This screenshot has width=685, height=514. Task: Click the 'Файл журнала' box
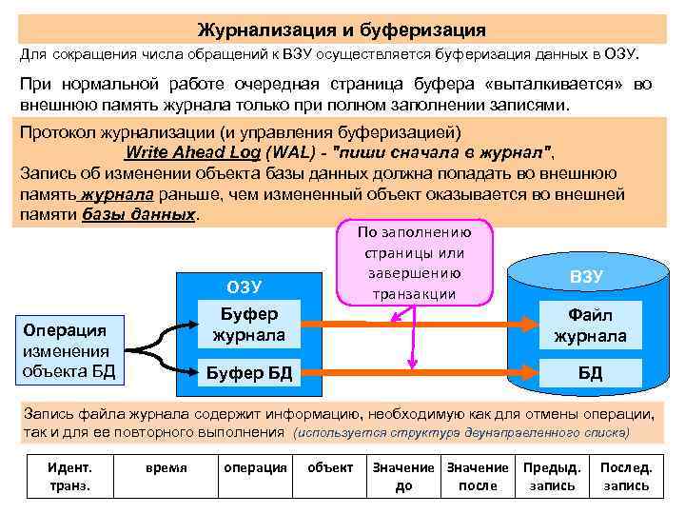point(590,326)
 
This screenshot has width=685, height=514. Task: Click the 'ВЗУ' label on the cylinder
point(586,276)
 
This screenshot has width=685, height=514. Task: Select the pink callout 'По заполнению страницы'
point(414,263)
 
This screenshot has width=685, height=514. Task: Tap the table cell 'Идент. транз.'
point(69,476)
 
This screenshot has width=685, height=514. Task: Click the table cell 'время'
point(166,468)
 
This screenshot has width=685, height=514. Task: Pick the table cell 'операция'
point(254,468)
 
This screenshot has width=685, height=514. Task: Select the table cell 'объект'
point(330,468)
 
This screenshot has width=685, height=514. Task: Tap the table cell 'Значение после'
point(478,476)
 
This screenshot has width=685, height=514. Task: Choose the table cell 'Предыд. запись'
point(552,476)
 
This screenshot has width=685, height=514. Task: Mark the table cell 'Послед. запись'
point(625,476)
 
